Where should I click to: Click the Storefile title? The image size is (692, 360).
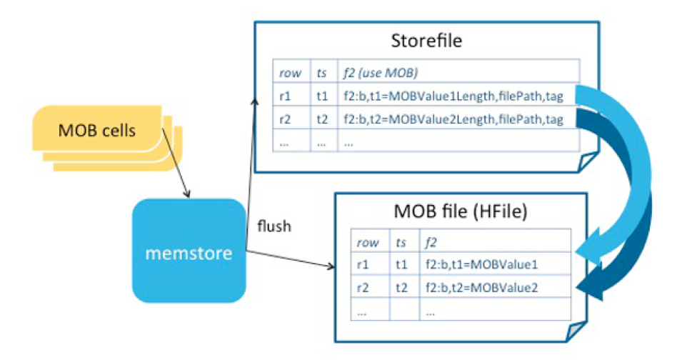click(426, 41)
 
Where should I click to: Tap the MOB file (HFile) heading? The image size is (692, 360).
click(461, 211)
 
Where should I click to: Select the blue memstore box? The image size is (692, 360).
click(189, 251)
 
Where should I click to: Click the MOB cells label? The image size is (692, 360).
click(97, 131)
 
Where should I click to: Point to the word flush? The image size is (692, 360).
click(274, 226)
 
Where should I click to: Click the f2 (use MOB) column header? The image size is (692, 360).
click(381, 73)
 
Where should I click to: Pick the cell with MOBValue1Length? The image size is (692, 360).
click(453, 96)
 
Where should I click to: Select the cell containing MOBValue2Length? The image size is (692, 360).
click(453, 119)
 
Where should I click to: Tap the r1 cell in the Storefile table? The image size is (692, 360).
click(285, 96)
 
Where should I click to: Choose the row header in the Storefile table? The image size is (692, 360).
click(290, 74)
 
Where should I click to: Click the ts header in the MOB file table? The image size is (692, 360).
click(401, 242)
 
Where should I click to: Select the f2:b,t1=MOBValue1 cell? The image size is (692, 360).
click(481, 265)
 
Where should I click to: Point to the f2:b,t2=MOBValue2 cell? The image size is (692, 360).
click(481, 288)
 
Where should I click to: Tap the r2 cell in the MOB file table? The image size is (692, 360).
click(363, 288)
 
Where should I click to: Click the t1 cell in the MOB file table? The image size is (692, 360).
click(401, 265)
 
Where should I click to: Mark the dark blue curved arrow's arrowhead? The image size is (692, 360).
click(590, 283)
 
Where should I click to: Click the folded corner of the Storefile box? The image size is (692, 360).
click(588, 162)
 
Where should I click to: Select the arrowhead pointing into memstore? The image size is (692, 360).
click(187, 194)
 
